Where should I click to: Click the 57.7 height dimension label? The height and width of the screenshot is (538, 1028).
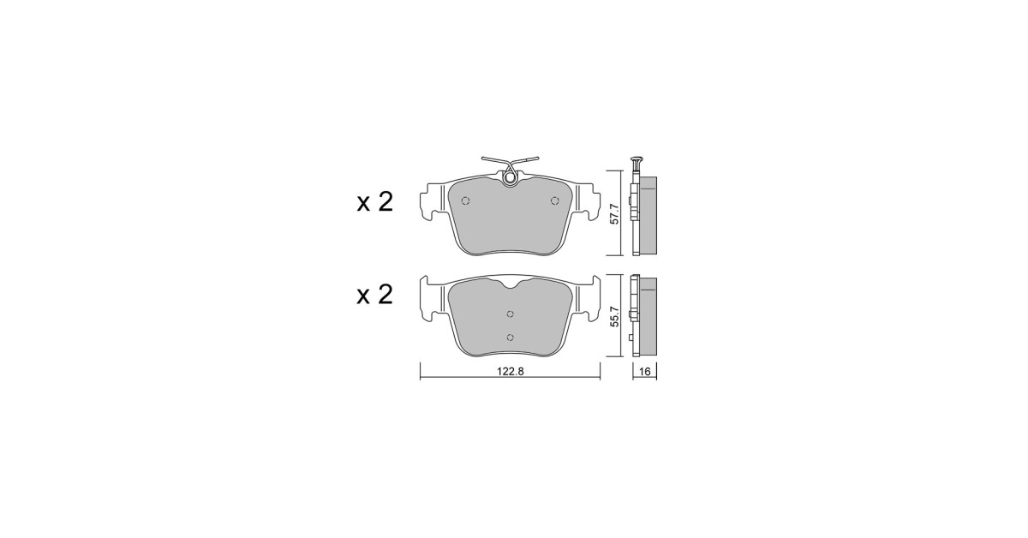click(615, 214)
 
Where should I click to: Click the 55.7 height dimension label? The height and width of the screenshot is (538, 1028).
click(615, 317)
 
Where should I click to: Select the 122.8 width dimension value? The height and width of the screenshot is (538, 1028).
click(510, 371)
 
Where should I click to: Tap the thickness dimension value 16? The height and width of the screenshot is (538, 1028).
click(645, 371)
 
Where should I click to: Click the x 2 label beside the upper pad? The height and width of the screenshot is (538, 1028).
click(375, 202)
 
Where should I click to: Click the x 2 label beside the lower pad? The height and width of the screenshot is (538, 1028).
click(375, 295)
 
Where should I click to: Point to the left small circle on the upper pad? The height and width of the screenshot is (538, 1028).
click(465, 200)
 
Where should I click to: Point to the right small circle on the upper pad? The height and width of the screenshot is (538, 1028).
click(555, 200)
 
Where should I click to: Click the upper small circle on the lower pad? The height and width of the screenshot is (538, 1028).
click(510, 314)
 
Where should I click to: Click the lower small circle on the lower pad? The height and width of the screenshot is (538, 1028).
click(510, 338)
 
